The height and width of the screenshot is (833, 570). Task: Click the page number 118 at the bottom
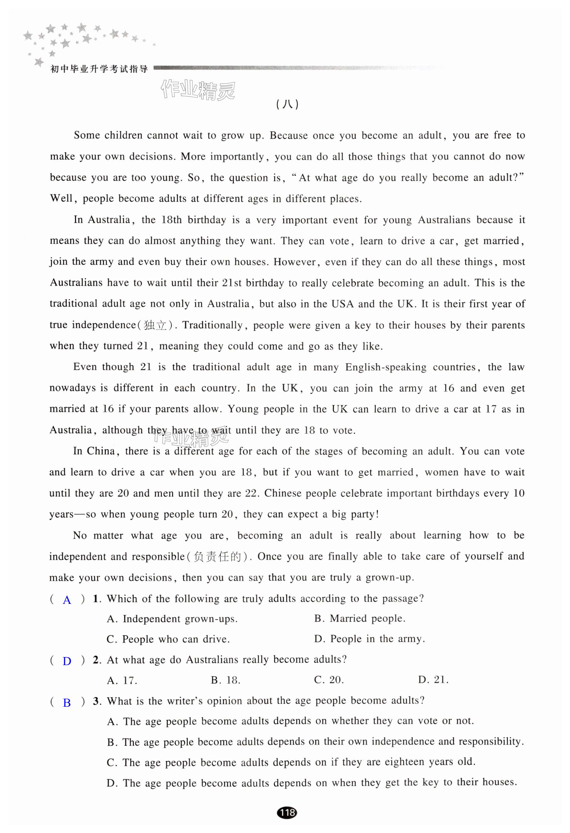(287, 812)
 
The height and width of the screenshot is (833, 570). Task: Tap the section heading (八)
(287, 104)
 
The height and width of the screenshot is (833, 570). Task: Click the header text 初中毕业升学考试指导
(99, 69)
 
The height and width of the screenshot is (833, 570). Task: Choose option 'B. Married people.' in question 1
(360, 618)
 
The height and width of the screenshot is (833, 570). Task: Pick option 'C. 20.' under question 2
(329, 680)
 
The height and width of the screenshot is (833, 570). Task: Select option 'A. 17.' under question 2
(122, 680)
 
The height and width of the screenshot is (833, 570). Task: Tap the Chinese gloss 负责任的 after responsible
(217, 557)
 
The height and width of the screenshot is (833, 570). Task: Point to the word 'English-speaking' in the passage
(386, 367)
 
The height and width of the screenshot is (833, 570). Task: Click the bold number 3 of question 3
(96, 701)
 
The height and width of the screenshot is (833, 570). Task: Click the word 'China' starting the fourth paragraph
(101, 451)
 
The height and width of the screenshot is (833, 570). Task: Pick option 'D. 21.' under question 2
(433, 680)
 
